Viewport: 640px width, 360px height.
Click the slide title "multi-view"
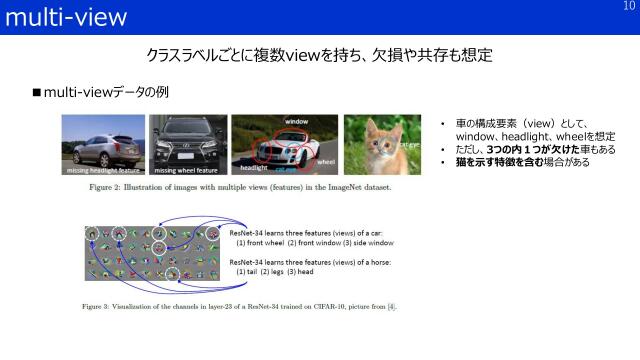pos(66,17)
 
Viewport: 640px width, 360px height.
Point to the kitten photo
pos(375,143)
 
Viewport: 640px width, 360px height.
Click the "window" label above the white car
pos(296,122)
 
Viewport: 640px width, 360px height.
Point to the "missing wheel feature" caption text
pos(188,171)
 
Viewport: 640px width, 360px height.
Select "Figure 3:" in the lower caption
pos(105,305)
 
